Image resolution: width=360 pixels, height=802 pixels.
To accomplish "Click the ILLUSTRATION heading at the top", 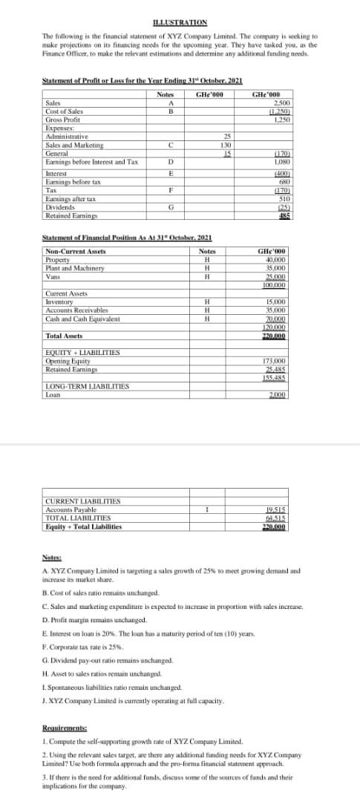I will pos(180,23).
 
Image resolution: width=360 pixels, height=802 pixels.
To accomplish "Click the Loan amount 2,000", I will pos(278,394).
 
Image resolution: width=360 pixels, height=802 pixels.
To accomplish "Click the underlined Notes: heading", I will pos(52,556).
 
